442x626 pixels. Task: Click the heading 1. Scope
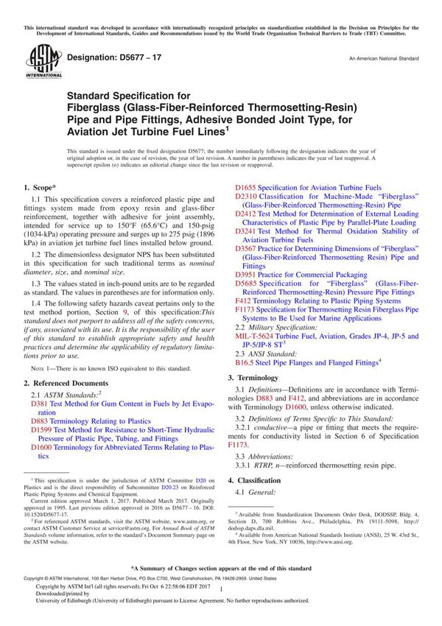[43, 188]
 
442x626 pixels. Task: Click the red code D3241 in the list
[247, 231]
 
